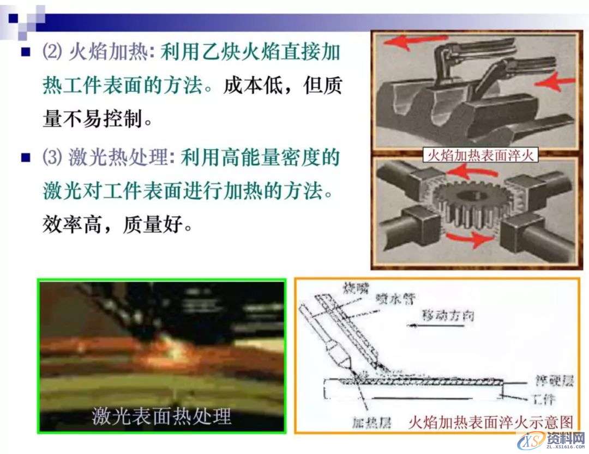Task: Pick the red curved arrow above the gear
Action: pos(475,173)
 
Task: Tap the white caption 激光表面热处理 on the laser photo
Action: pos(161,416)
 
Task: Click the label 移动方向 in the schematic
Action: pos(447,315)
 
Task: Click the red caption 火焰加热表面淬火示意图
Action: pos(491,422)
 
